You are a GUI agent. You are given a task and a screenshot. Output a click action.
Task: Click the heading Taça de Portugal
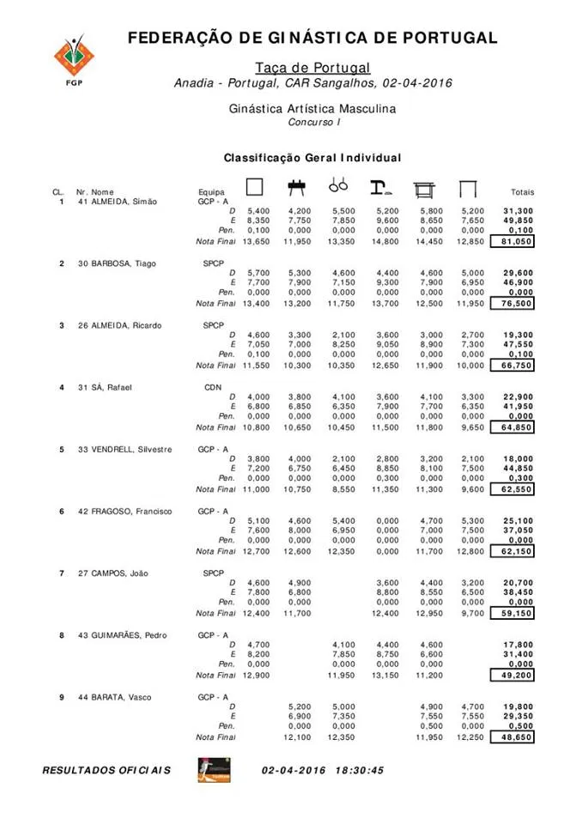312,67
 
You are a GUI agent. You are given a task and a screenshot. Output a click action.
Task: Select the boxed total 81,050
512,242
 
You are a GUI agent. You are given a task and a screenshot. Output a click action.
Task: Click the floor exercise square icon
254,187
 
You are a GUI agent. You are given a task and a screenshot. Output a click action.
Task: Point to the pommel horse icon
297,186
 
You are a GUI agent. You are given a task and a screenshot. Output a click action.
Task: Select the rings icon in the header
338,185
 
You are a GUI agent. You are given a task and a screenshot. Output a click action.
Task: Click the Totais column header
522,192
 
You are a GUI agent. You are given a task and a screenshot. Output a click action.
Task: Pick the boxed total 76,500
512,304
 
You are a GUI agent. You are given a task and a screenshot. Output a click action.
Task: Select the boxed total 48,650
512,737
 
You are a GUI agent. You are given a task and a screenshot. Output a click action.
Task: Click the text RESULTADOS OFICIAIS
106,770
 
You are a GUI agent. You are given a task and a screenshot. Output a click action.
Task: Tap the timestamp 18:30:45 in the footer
355,770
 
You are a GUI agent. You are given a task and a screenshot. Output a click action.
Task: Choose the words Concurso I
313,122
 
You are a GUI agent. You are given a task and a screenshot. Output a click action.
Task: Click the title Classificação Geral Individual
312,158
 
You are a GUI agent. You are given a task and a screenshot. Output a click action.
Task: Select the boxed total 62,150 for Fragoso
512,552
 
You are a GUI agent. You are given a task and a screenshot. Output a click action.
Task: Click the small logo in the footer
214,769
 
